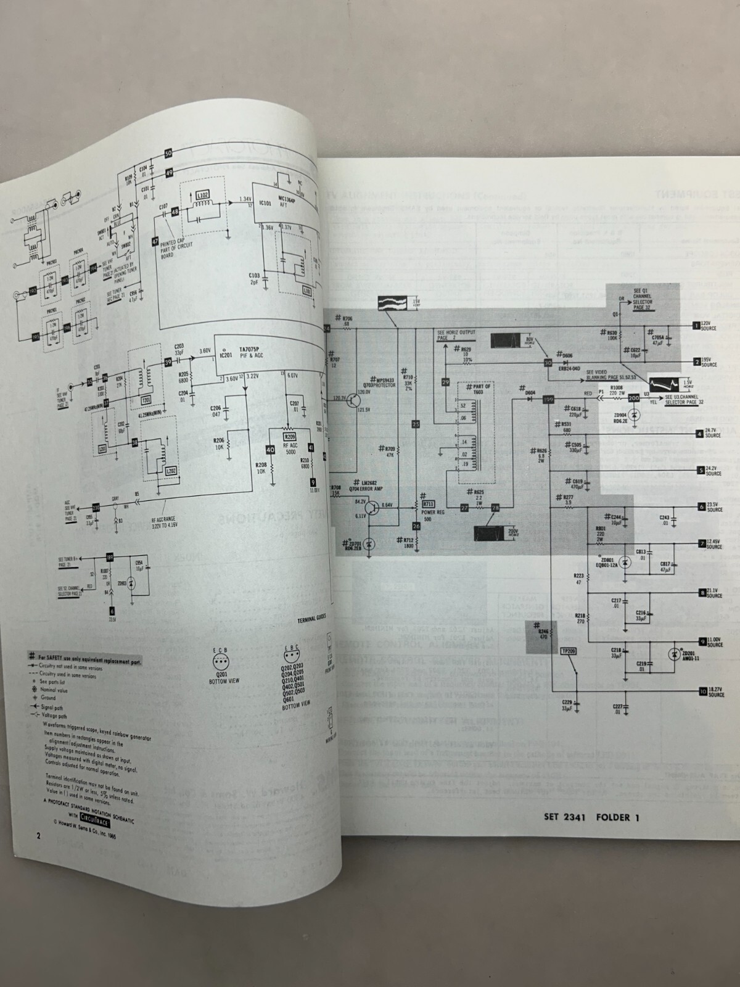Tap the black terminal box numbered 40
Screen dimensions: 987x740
point(269,450)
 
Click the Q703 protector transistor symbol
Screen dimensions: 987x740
point(351,400)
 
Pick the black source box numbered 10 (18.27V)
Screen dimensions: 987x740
point(703,691)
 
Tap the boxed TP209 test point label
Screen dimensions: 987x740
point(567,651)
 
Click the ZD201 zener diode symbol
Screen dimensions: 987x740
point(674,655)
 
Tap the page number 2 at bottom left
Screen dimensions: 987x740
point(38,836)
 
